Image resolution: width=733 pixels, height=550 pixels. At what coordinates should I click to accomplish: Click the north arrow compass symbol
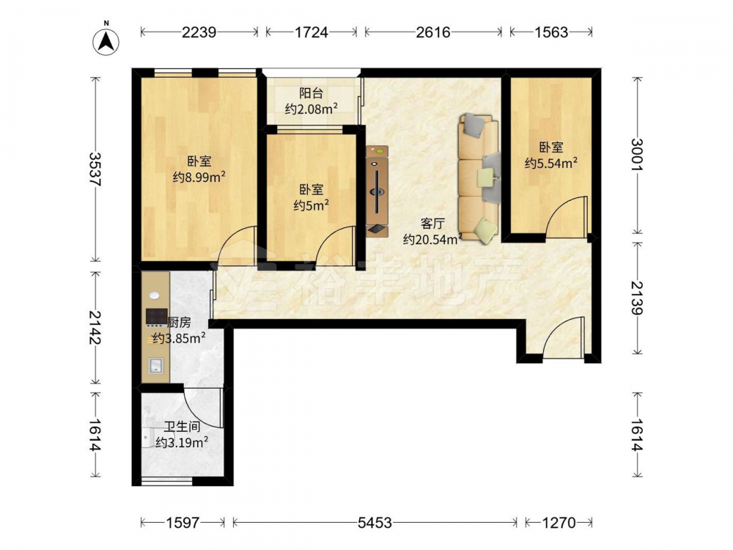[106, 41]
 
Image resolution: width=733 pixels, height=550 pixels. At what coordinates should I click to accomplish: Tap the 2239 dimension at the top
[199, 32]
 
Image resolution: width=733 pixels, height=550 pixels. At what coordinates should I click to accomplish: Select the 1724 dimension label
[312, 32]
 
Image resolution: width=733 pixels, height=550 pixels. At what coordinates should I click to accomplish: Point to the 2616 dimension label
[433, 32]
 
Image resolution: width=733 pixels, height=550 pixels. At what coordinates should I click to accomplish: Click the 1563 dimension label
[551, 32]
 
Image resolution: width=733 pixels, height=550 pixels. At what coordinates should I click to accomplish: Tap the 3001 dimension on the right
[637, 155]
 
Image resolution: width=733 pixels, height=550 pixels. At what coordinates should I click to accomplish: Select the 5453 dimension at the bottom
[375, 522]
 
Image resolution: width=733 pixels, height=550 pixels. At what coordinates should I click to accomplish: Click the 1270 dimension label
[559, 522]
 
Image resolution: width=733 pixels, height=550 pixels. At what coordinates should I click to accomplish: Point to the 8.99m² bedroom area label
[199, 177]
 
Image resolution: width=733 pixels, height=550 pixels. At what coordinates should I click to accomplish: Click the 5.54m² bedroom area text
[550, 164]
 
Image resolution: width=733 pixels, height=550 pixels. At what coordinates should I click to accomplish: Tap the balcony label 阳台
[312, 93]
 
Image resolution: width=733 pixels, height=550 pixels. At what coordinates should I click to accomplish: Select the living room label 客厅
[432, 224]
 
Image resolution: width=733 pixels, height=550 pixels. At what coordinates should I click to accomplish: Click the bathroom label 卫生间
[182, 427]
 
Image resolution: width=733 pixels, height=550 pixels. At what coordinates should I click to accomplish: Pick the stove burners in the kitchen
[157, 316]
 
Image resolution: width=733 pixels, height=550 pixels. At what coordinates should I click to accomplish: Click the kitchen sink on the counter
[155, 365]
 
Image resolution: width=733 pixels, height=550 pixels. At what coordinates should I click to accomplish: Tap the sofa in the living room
[479, 179]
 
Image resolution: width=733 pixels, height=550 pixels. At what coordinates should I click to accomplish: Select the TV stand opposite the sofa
[377, 191]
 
